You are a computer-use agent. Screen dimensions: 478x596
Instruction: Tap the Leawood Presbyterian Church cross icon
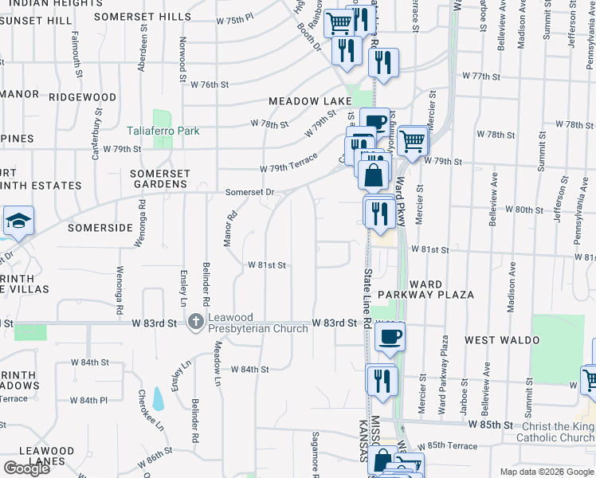click(x=195, y=323)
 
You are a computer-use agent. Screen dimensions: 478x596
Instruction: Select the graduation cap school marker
click(x=17, y=221)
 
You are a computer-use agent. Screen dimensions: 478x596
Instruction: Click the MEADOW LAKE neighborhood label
click(x=310, y=101)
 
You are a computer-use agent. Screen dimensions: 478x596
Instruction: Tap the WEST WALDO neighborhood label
click(x=502, y=340)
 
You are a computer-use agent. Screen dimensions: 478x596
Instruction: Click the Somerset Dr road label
click(x=249, y=192)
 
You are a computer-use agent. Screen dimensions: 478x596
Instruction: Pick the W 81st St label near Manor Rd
click(x=266, y=264)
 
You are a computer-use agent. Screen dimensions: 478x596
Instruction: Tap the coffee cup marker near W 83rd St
click(x=389, y=335)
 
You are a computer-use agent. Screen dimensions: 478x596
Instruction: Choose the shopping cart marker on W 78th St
click(x=414, y=141)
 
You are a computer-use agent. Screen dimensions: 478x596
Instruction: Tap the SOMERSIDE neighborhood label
click(x=99, y=228)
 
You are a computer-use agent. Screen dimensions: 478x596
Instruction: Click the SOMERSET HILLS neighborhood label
click(x=143, y=16)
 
